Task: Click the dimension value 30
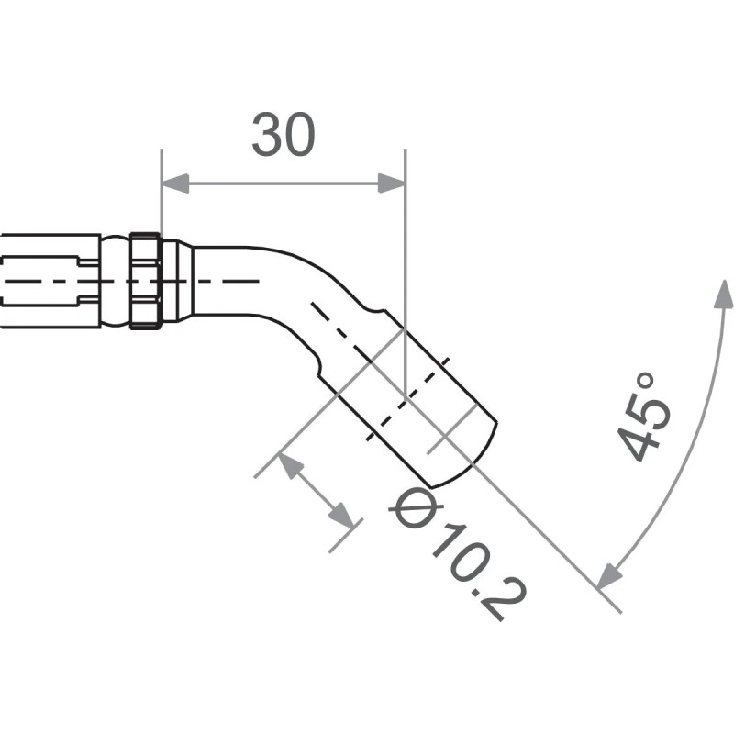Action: point(284,136)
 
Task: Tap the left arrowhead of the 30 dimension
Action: point(174,183)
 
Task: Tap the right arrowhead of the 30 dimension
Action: point(392,183)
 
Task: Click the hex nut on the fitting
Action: point(146,281)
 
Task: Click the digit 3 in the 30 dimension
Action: point(267,136)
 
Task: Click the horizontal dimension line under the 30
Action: point(284,183)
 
